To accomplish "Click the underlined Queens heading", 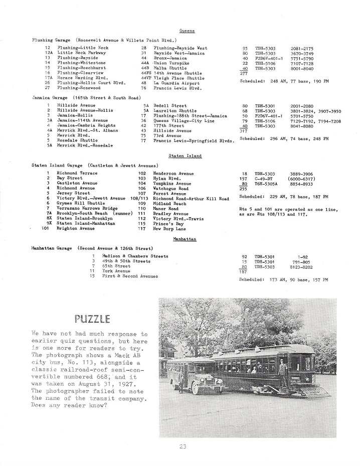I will point(187,31).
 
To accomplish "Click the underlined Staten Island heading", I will point(185,156).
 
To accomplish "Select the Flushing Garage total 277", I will point(244,73).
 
